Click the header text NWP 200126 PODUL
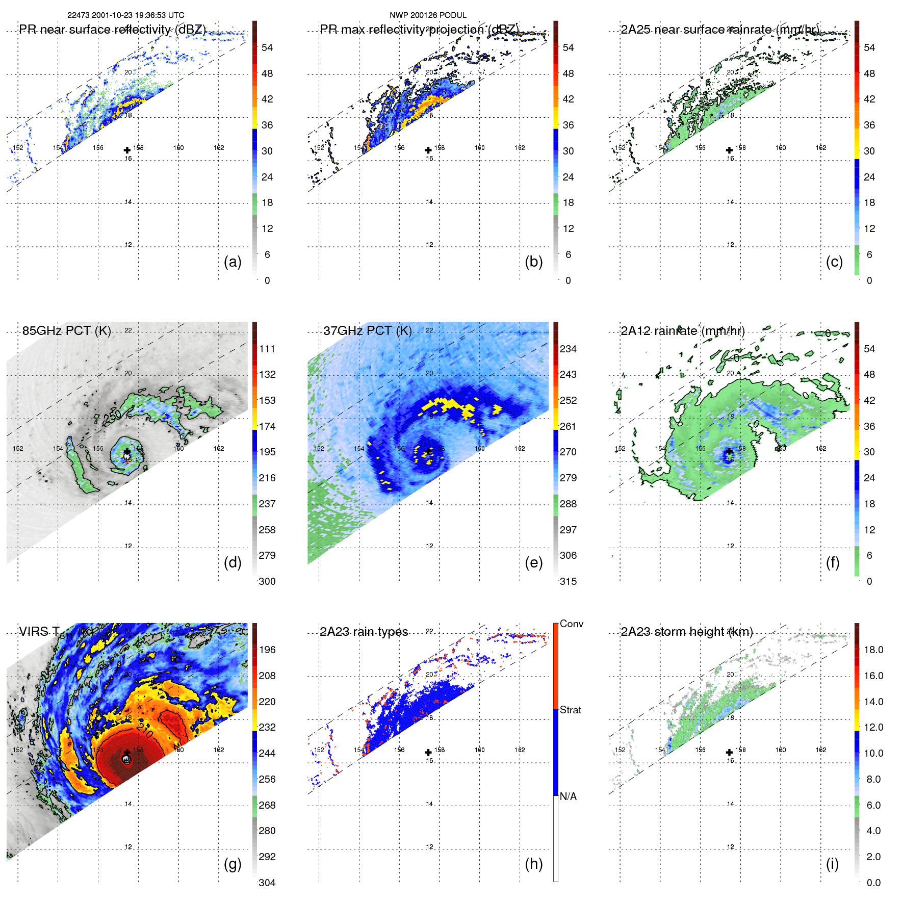click(x=428, y=15)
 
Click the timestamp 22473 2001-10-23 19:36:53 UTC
click(x=126, y=15)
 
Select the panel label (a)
click(x=233, y=262)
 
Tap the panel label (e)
click(x=533, y=562)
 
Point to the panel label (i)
click(x=832, y=864)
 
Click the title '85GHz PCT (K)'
click(x=66, y=330)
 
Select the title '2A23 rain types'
click(x=364, y=632)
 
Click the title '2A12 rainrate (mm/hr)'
click(x=683, y=330)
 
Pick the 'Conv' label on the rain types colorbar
click(x=571, y=624)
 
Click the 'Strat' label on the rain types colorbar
click(x=571, y=710)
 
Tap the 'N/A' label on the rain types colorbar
click(x=568, y=796)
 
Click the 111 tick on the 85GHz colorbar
click(x=267, y=349)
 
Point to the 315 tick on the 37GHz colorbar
click(x=568, y=581)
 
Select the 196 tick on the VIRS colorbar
click(x=267, y=650)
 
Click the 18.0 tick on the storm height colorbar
click(x=873, y=650)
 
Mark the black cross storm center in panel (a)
click(x=127, y=150)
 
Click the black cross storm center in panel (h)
click(x=428, y=753)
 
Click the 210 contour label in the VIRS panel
click(x=145, y=731)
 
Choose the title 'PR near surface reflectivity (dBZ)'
click(x=112, y=30)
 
